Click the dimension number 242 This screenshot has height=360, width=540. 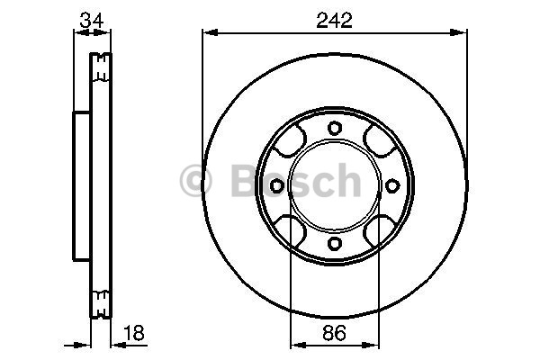335,21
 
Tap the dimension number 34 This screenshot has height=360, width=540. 92,21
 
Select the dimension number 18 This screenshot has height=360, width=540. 133,333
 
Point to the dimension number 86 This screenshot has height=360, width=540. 334,333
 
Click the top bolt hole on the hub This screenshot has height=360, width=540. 335,128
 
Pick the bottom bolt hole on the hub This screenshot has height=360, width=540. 335,243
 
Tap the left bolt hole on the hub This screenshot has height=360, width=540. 276,186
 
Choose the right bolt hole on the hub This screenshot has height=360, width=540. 391,186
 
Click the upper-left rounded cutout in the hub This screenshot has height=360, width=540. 290,141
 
